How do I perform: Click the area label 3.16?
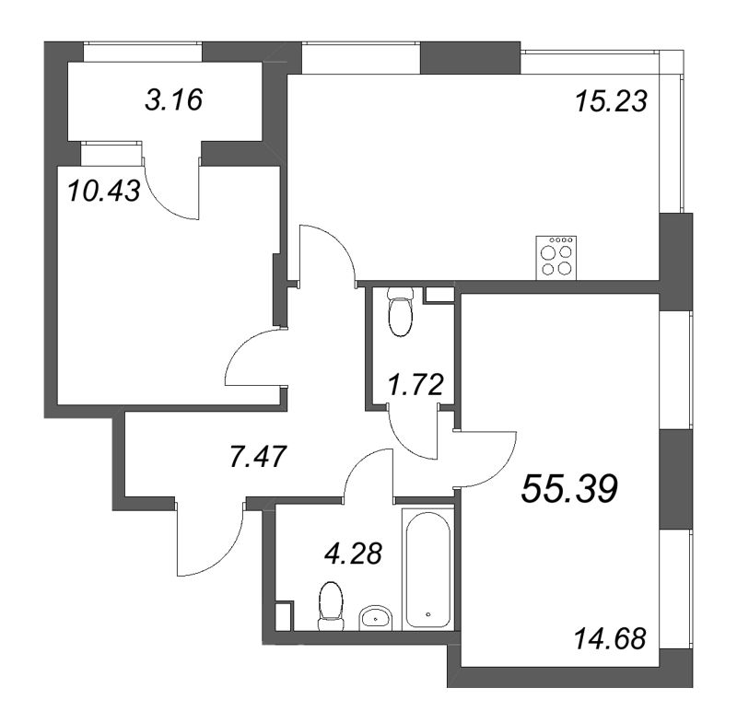click(x=173, y=99)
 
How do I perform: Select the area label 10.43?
click(x=103, y=191)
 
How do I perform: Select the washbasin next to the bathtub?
click(x=374, y=616)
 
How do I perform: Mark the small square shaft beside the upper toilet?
click(x=439, y=296)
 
